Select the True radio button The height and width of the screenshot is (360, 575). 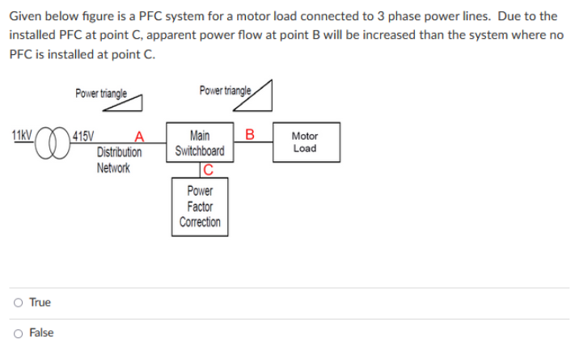[17, 303]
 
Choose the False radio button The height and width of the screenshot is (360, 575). [17, 332]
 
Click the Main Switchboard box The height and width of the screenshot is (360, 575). [199, 143]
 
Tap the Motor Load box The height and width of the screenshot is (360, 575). [305, 142]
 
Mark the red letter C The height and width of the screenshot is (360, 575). [208, 170]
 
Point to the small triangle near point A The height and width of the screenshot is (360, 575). [133, 100]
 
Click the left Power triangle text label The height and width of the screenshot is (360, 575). [100, 94]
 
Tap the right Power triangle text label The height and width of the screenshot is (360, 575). [224, 90]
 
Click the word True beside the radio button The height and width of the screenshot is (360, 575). [40, 303]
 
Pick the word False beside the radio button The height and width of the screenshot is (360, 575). [41, 332]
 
